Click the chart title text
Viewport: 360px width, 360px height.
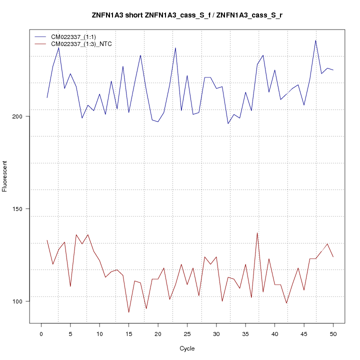187,15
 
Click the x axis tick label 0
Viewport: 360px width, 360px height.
41,333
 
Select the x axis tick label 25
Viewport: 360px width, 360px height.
187,333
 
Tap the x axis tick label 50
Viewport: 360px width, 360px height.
333,333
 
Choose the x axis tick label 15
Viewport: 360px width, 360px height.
128,333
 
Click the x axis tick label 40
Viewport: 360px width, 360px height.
274,333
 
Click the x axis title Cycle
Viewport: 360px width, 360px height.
187,348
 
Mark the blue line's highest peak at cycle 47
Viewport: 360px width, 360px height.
315,40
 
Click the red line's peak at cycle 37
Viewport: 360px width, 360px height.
257,232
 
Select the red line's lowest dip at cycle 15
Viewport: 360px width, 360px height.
128,312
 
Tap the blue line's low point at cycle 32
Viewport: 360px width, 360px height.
228,123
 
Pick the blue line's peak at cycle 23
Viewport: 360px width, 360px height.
175,48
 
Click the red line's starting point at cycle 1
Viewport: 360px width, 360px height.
47,240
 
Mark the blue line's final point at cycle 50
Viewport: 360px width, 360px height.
333,70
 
